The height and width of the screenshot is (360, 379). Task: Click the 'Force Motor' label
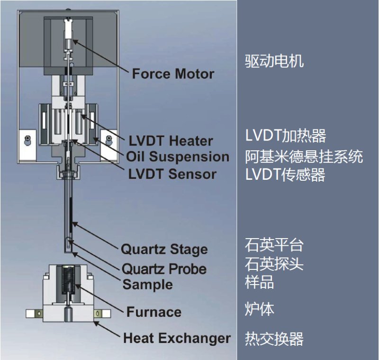click(173, 74)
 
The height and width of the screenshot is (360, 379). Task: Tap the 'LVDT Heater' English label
click(171, 141)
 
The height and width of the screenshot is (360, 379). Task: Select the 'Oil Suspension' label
click(178, 157)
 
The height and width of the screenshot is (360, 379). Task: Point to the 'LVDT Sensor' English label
click(172, 174)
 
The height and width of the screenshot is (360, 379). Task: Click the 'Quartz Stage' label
click(164, 249)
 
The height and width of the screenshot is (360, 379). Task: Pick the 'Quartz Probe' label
click(164, 269)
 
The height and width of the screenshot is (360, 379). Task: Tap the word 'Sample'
click(147, 285)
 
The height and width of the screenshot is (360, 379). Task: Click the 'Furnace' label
click(154, 312)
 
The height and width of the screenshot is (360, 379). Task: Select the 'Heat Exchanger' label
click(177, 338)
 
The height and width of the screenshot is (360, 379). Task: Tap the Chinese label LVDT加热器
click(286, 136)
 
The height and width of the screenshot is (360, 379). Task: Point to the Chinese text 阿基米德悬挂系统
click(304, 156)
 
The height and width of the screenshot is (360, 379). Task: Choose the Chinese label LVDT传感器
click(285, 175)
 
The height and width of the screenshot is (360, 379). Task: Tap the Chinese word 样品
click(260, 283)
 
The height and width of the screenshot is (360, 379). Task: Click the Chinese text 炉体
click(260, 310)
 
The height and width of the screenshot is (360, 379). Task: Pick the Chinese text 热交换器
click(274, 339)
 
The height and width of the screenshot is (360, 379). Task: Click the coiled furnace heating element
click(69, 280)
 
